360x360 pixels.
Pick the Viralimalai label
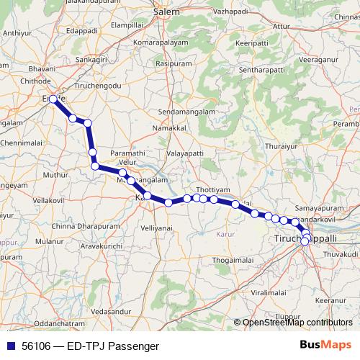pos(269,293)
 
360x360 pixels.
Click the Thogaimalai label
pos(235,260)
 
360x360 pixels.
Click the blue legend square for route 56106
pos(9,346)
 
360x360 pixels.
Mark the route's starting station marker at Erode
pos(53,99)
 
